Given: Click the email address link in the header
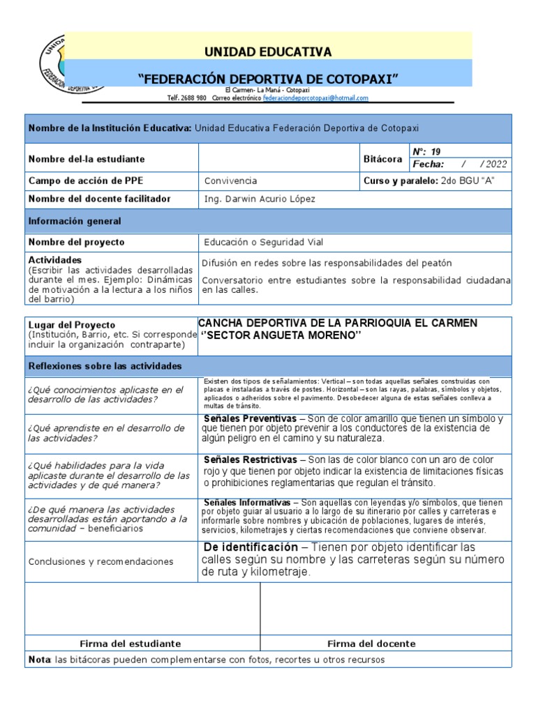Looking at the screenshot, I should (x=315, y=98).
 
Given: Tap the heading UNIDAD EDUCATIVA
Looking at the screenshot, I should (x=268, y=52).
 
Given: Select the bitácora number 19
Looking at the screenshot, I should (x=436, y=151).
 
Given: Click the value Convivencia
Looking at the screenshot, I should (x=230, y=181).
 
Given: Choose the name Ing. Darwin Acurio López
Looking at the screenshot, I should (x=260, y=199).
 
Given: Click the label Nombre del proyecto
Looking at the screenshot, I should (x=76, y=242).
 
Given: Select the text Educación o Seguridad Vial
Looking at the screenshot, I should (x=264, y=242).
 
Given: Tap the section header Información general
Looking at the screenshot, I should (x=74, y=221).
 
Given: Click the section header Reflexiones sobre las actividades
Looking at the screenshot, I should (x=105, y=366).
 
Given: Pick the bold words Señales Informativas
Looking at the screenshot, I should (x=248, y=503).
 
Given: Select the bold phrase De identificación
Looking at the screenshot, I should (x=249, y=547).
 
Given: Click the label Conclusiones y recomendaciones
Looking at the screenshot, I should (x=100, y=561).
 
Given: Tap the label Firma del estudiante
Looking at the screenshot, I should (x=131, y=644).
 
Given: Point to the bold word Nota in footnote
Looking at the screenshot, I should (x=36, y=660).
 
